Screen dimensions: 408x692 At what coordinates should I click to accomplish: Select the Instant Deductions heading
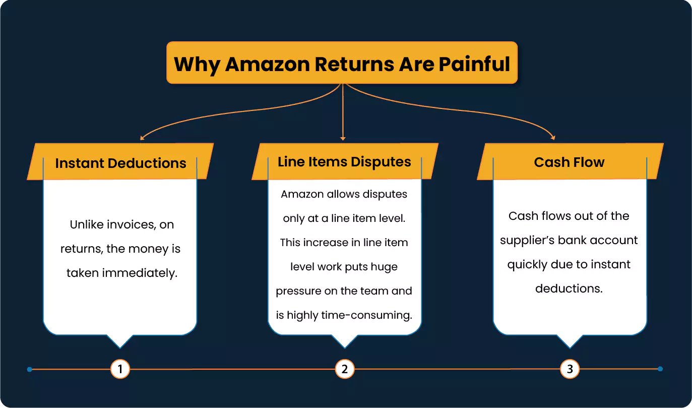click(120, 163)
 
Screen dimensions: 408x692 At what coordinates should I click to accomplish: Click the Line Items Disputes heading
click(344, 162)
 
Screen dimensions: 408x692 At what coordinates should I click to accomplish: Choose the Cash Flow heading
click(569, 162)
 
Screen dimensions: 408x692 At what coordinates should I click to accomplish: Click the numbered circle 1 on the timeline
click(120, 369)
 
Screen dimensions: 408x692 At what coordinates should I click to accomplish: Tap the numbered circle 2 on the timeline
click(345, 369)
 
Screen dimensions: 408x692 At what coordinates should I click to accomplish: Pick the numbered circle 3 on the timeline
click(570, 369)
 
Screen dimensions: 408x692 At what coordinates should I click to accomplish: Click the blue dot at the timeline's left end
click(30, 369)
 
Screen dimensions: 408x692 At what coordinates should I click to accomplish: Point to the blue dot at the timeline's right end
click(660, 369)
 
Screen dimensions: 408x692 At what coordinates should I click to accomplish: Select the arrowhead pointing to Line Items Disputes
click(343, 138)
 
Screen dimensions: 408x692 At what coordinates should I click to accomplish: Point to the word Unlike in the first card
click(88, 224)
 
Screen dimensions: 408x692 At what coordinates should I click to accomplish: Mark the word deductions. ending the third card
click(569, 288)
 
